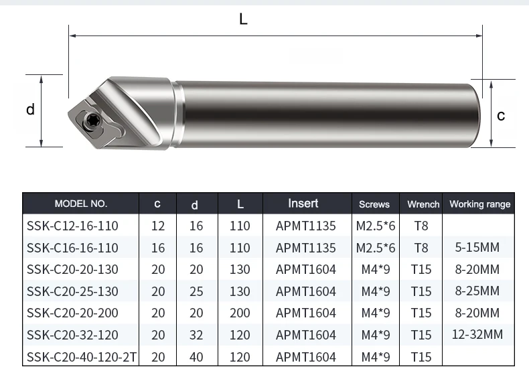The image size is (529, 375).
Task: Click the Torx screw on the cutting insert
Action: [x=91, y=119]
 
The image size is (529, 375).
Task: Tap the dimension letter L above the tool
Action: [x=243, y=19]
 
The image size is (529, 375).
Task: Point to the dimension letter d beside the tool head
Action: [x=30, y=109]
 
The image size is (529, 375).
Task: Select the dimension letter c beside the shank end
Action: [x=501, y=116]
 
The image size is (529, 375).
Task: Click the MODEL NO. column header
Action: [x=81, y=204]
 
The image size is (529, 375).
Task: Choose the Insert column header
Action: [x=303, y=203]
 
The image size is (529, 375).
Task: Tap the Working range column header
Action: [x=479, y=204]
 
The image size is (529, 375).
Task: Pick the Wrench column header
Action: [x=423, y=204]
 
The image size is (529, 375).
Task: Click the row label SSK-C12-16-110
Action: [x=72, y=226]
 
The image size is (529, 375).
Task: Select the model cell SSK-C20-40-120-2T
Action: [x=82, y=357]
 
